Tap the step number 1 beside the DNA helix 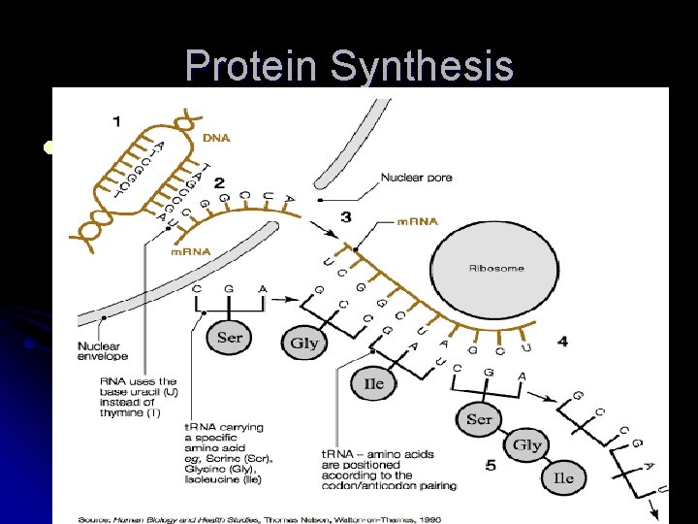click(116, 121)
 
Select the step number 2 click(219, 182)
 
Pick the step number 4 click(563, 342)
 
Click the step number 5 click(491, 466)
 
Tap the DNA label click(216, 139)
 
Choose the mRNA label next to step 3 click(418, 221)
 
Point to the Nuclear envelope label click(104, 350)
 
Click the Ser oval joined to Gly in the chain click(479, 420)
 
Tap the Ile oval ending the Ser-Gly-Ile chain click(564, 476)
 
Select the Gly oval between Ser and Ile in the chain click(526, 445)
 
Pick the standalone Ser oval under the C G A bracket click(230, 338)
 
